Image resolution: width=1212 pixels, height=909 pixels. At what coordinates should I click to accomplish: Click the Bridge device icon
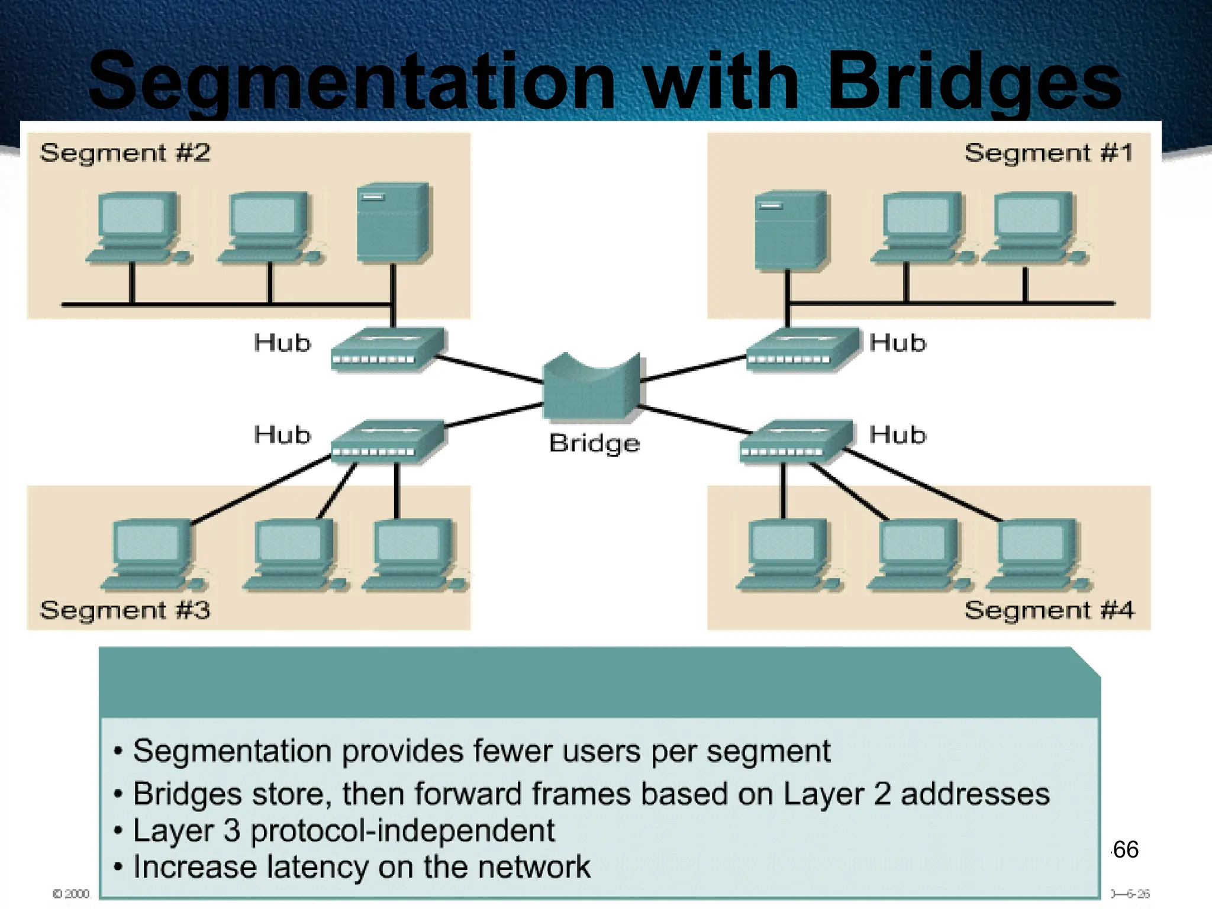(591, 388)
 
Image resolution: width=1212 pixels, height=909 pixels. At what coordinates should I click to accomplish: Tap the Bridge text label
(594, 443)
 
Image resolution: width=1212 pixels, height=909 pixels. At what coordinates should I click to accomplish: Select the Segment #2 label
(125, 153)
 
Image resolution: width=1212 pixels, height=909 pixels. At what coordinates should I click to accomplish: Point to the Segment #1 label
(1048, 153)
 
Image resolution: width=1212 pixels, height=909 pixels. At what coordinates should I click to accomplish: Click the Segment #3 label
(125, 610)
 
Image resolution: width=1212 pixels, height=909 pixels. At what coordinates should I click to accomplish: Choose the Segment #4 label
(1049, 610)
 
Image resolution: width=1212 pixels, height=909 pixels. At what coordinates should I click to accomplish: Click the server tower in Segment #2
(394, 222)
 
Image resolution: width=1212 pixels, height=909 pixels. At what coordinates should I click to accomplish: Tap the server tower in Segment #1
(791, 231)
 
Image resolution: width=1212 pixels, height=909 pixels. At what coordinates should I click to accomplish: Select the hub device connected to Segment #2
(387, 349)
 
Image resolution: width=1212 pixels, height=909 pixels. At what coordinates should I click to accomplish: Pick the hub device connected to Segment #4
(796, 441)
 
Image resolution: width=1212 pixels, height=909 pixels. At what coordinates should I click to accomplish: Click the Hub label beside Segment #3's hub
(282, 435)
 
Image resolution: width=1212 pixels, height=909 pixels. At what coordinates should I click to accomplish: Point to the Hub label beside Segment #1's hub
(897, 343)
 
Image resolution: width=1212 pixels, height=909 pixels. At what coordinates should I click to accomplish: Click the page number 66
(1125, 850)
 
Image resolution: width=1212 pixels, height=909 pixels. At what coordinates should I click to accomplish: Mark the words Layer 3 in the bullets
(186, 830)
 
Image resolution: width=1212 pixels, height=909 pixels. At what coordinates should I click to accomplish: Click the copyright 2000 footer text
(70, 894)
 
